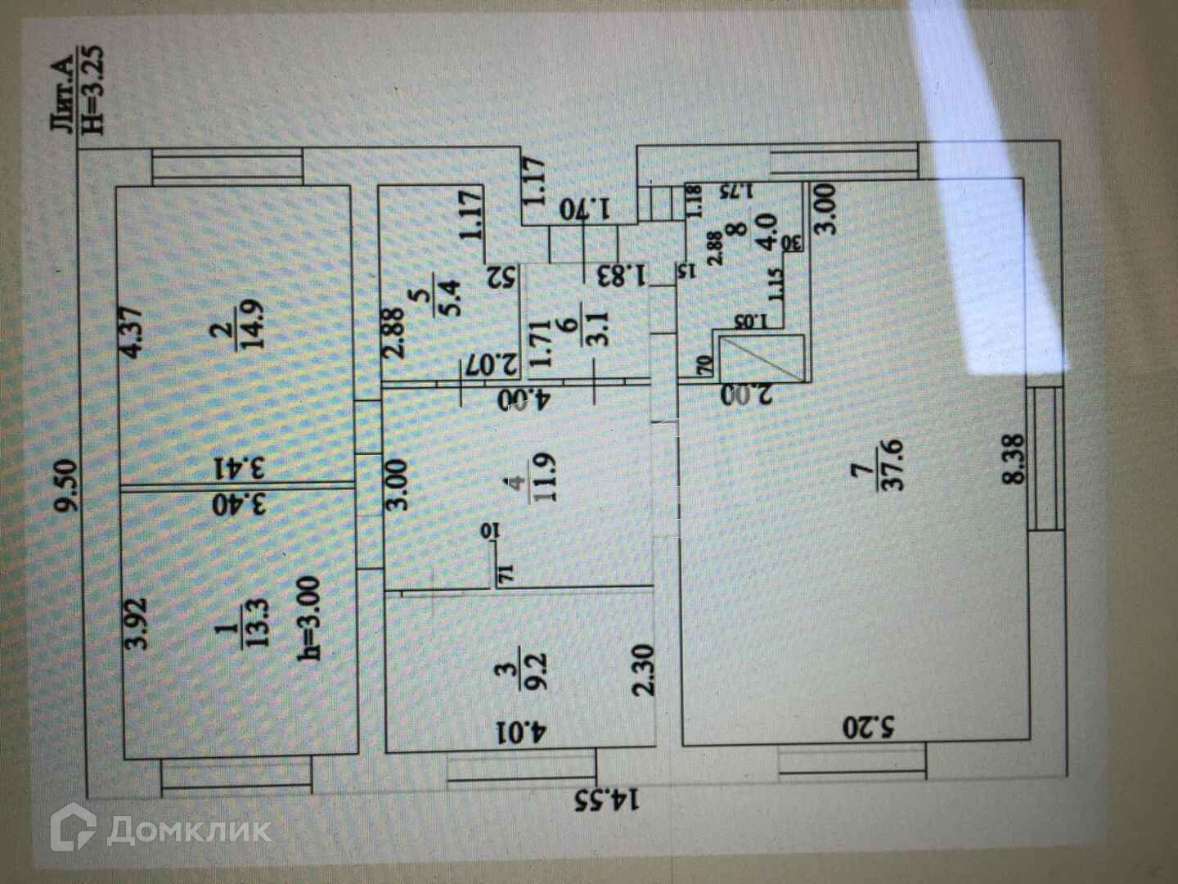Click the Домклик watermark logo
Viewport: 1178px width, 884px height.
pos(160,832)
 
